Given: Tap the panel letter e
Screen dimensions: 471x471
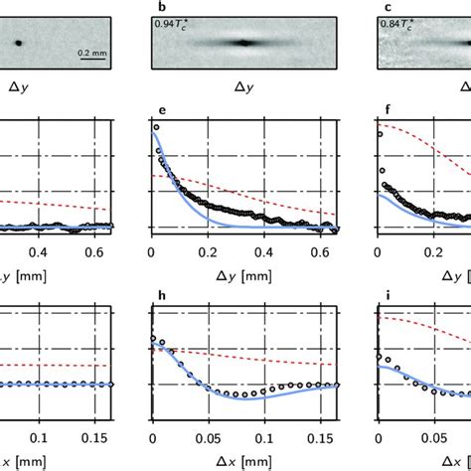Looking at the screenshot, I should pos(153,110).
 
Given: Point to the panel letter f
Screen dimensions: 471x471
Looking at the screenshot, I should pos(380,110).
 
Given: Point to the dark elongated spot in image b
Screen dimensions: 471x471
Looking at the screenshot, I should pos(242,42).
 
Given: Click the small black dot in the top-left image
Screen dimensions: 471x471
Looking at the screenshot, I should pos(17,43).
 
